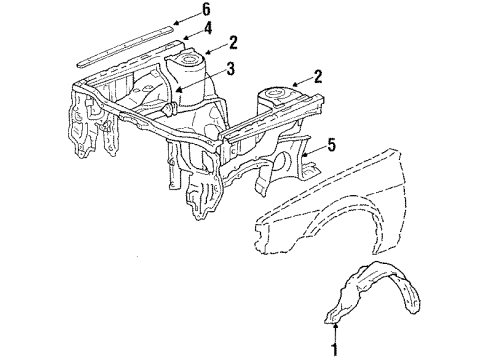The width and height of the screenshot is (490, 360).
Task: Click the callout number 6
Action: click(x=206, y=9)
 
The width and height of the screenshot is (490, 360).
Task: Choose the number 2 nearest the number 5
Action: click(x=318, y=75)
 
